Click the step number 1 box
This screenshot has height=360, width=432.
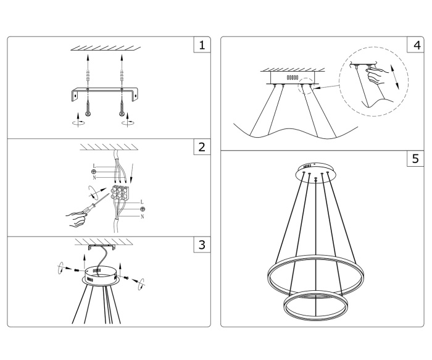(x=201, y=45)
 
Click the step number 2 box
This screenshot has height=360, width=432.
(x=201, y=148)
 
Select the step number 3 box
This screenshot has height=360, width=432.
(x=201, y=244)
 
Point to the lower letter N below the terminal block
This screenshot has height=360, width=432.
(x=143, y=216)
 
